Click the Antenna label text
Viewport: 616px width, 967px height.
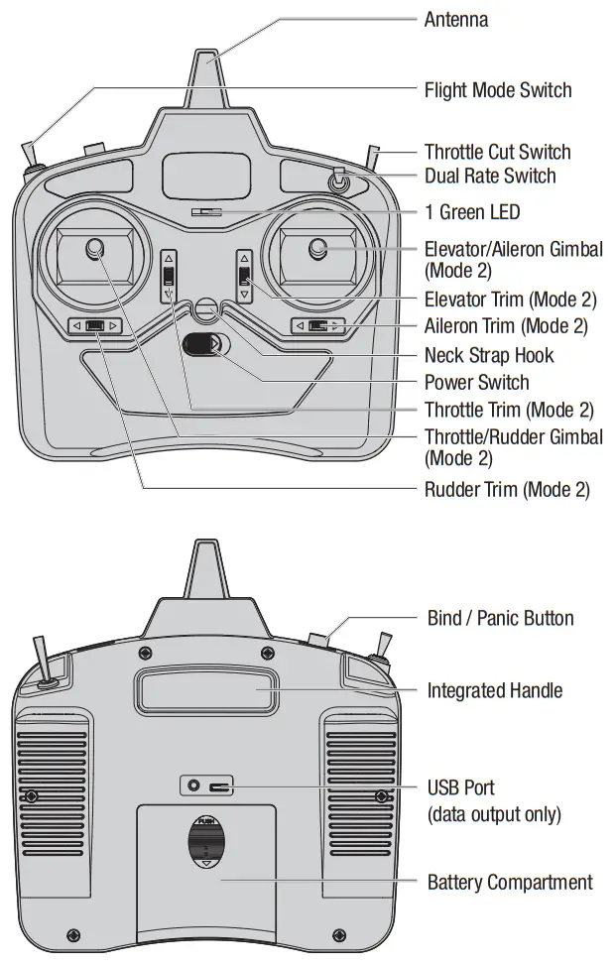click(455, 20)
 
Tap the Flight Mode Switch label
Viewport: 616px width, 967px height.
click(498, 90)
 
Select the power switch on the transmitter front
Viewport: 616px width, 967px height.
click(205, 345)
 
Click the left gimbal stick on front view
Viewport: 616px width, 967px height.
click(95, 249)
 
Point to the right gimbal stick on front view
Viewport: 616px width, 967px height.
click(317, 248)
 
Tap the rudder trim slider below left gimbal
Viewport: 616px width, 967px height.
click(95, 325)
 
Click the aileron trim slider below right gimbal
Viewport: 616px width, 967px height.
click(317, 325)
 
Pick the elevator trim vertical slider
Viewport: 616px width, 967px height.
click(244, 276)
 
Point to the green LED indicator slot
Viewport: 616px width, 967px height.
click(206, 211)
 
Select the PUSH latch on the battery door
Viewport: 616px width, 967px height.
click(205, 839)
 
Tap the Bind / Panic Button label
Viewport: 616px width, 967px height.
click(500, 618)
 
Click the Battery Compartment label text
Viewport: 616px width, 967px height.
click(509, 882)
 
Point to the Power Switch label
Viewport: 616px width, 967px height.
click(476, 382)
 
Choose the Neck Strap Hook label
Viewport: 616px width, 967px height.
click(489, 355)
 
